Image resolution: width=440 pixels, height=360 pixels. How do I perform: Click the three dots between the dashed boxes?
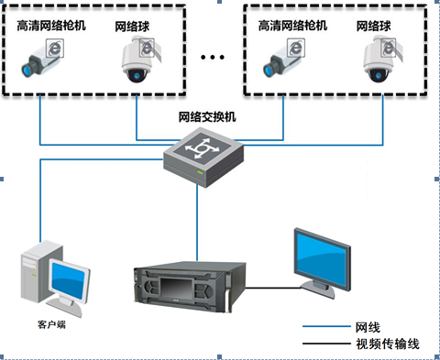click(212, 57)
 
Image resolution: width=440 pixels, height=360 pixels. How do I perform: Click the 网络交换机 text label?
click(207, 117)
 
